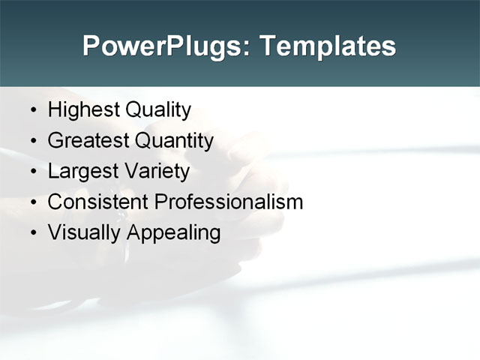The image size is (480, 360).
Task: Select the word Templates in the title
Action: (x=327, y=46)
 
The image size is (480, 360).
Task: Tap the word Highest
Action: (x=83, y=110)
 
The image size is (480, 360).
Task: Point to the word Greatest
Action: (x=88, y=141)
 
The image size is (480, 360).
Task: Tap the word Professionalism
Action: (x=228, y=202)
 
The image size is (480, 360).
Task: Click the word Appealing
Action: (x=174, y=233)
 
